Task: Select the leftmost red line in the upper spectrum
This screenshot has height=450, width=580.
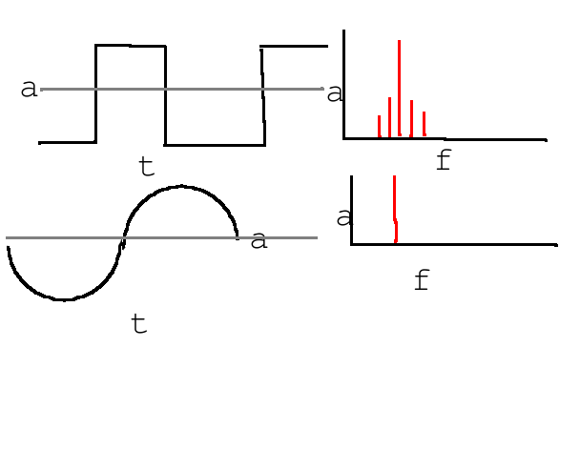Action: click(380, 126)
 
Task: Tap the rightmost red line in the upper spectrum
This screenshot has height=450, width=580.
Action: click(424, 124)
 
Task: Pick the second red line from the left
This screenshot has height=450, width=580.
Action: click(389, 117)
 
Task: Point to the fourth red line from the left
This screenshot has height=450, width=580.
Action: click(411, 118)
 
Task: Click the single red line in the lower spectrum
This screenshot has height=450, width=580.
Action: click(394, 210)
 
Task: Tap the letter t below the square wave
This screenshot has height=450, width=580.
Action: click(146, 167)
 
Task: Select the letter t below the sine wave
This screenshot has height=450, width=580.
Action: click(139, 324)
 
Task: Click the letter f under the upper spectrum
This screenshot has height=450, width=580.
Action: click(443, 160)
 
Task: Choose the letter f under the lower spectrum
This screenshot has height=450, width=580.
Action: click(422, 280)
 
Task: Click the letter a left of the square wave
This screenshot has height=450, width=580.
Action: click(29, 89)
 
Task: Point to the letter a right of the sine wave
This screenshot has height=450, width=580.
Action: click(259, 239)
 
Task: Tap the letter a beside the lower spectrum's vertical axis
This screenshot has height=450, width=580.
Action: click(343, 217)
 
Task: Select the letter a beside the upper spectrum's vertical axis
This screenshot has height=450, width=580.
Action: click(335, 92)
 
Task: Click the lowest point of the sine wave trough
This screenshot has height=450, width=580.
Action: click(63, 299)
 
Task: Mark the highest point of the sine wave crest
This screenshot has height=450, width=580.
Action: click(181, 187)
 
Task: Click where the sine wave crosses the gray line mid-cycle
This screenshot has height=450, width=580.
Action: click(123, 237)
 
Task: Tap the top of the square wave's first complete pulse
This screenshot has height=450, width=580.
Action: click(131, 46)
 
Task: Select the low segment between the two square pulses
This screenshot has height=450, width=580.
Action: click(215, 145)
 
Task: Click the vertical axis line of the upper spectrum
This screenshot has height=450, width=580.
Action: click(343, 86)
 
